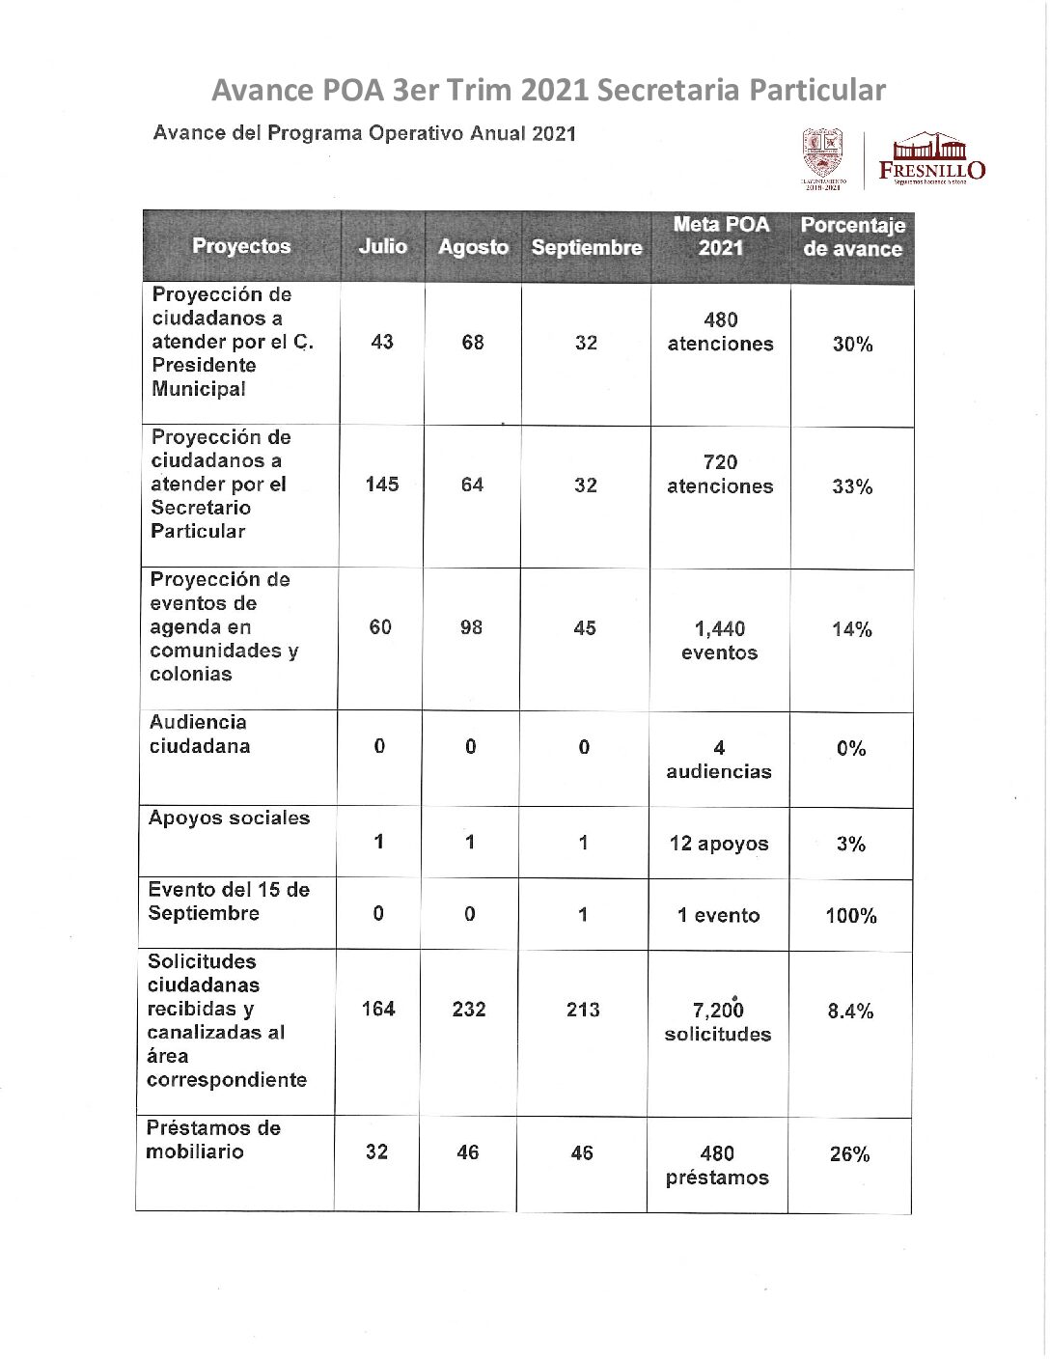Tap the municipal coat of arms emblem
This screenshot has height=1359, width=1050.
[823, 154]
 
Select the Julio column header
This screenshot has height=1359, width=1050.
[382, 246]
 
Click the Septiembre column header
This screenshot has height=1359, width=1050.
[586, 247]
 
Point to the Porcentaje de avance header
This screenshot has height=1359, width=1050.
[852, 236]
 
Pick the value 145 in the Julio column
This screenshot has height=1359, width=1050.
[382, 485]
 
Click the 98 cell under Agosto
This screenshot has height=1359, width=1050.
[471, 627]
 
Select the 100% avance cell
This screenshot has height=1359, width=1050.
[850, 916]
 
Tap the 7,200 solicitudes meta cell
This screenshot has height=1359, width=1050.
[718, 1021]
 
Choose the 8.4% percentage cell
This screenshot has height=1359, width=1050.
[850, 1011]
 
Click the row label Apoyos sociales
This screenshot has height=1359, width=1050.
[229, 818]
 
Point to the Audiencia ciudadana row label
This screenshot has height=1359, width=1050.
[199, 735]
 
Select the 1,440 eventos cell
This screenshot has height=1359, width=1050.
[719, 641]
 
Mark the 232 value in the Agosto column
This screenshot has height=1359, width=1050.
[469, 1010]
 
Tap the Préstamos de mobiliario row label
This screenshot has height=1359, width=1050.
[213, 1140]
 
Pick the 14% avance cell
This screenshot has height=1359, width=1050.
[851, 629]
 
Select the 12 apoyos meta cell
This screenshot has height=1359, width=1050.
[719, 844]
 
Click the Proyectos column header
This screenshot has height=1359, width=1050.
[241, 246]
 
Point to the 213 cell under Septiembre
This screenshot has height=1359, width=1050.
[583, 1010]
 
